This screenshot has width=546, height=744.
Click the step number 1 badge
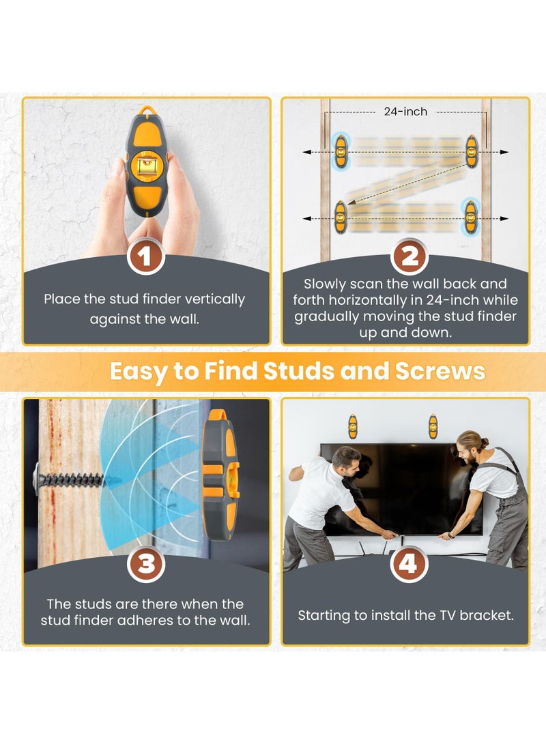[x=146, y=258]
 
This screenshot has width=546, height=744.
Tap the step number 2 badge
[x=409, y=258]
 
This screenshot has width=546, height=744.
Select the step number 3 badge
[x=146, y=564]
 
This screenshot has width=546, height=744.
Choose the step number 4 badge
[x=409, y=564]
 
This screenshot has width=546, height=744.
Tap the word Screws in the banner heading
[x=440, y=372]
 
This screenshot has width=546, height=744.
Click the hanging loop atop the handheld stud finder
[x=146, y=110]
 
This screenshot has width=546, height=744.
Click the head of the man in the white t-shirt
[x=347, y=458]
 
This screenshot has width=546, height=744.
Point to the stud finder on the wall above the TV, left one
[x=352, y=426]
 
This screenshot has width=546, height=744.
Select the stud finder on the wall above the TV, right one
[x=433, y=426]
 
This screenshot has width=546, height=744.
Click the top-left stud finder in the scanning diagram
[x=340, y=151]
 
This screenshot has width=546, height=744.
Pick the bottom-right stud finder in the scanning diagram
[x=470, y=215]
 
